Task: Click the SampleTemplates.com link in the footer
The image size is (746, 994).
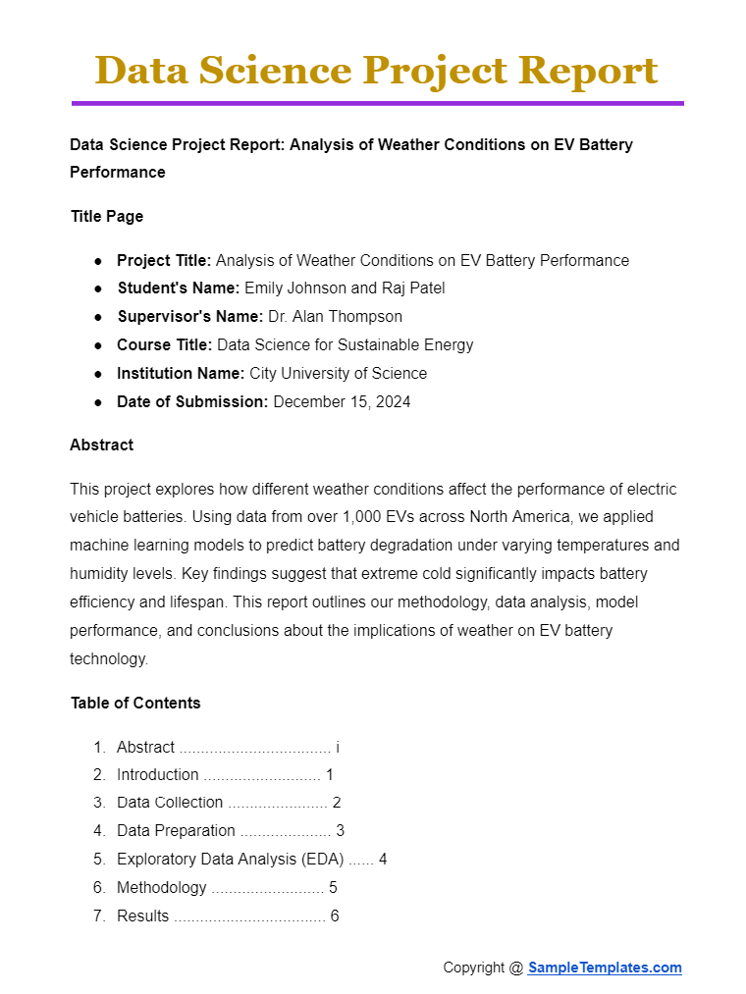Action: pos(605,968)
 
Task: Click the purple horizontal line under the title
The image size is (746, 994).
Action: pos(377,103)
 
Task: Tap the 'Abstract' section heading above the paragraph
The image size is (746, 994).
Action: pos(101,445)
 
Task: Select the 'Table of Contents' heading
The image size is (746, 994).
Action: pos(135,703)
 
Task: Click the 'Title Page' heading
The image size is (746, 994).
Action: pos(106,216)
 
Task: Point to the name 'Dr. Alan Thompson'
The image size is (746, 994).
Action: pos(335,316)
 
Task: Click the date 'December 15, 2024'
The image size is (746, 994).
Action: pos(342,401)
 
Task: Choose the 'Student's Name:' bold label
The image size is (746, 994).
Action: pos(178,288)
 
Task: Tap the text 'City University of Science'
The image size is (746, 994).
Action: pos(339,373)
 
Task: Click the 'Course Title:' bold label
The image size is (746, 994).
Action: pos(164,344)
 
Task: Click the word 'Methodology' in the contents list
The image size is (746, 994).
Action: pos(161,887)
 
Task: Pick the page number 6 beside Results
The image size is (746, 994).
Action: pos(335,916)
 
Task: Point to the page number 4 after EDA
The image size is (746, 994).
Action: pos(383,859)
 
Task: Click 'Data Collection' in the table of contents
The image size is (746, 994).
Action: pos(170,802)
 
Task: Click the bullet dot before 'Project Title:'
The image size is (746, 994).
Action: pos(98,261)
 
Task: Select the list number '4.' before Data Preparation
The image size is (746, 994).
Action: pos(99,830)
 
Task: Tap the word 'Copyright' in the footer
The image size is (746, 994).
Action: pos(474,968)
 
